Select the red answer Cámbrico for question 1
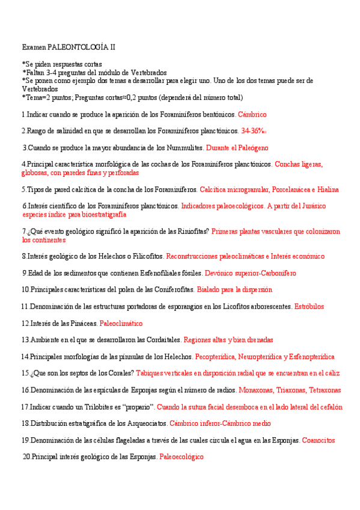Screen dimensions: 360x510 (x=252, y=114)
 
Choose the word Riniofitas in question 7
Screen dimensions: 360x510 (x=188, y=231)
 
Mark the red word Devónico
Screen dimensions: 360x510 (x=219, y=272)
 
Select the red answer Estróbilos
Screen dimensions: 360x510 (x=309, y=306)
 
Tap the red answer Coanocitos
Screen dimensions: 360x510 (x=319, y=440)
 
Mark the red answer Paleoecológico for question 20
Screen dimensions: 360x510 (x=182, y=457)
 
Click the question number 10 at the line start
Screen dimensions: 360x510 (x=25, y=289)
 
